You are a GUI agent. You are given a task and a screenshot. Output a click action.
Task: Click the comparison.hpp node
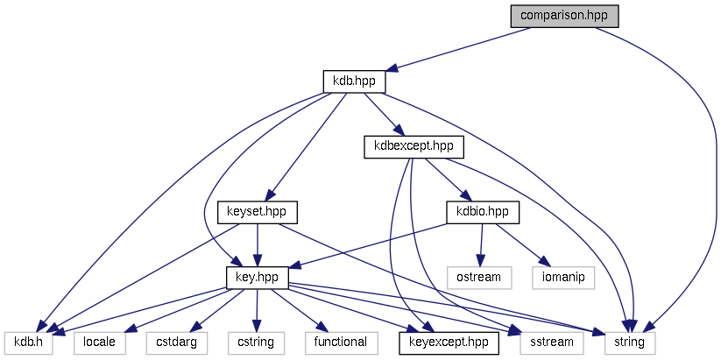pos(564,16)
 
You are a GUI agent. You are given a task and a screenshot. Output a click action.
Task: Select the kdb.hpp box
pos(354,81)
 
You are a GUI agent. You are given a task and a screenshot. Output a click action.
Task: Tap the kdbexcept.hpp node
pos(414,146)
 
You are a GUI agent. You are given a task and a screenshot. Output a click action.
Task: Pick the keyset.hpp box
pos(257,212)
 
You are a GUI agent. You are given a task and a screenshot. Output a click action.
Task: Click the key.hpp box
pos(257,277)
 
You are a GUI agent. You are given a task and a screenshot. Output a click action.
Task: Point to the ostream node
pos(478,277)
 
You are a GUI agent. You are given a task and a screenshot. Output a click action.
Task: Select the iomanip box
pos(562,277)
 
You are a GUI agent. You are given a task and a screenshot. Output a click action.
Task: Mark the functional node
pos(341,342)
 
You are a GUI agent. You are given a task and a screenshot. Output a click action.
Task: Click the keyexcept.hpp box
pos(449,342)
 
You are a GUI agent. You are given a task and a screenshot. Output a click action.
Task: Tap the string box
pos(627,342)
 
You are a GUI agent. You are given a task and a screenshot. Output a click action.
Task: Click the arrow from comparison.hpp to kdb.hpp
pos(456,49)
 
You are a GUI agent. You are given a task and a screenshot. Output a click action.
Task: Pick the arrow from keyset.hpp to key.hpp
pos(257,244)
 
